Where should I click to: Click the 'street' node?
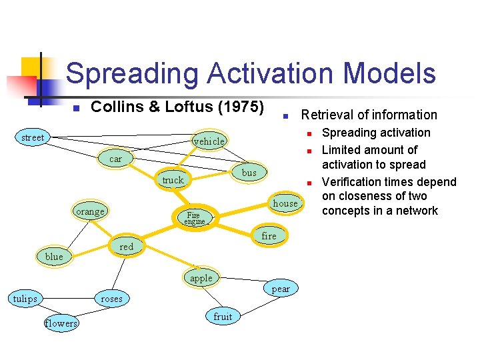pyautogui.click(x=32, y=138)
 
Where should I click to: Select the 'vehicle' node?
pyautogui.click(x=209, y=141)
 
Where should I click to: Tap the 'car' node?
pyautogui.click(x=115, y=159)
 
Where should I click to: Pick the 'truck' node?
pyautogui.click(x=173, y=180)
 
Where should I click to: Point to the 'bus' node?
pyautogui.click(x=249, y=173)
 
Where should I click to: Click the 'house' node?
pyautogui.click(x=285, y=203)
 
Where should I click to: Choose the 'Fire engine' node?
pyautogui.click(x=193, y=217)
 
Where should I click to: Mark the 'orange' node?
pyautogui.click(x=90, y=212)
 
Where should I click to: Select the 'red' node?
pyautogui.click(x=126, y=247)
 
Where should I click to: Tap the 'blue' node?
pyautogui.click(x=54, y=257)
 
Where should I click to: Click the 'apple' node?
pyautogui.click(x=201, y=278)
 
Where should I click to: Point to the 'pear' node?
pyautogui.click(x=281, y=289)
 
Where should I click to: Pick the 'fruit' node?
pyautogui.click(x=223, y=317)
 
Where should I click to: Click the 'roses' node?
pyautogui.click(x=111, y=299)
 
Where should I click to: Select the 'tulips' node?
pyautogui.click(x=25, y=299)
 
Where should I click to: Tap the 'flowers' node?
pyautogui.click(x=61, y=323)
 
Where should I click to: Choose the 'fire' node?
pyautogui.click(x=269, y=236)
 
